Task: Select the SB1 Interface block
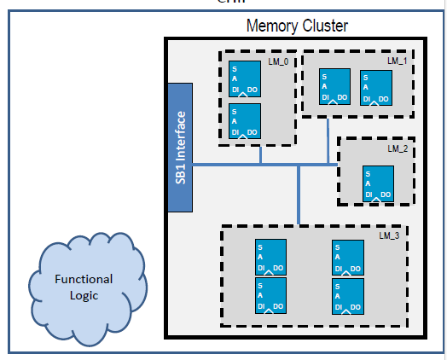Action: [181, 148]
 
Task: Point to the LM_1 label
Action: [397, 61]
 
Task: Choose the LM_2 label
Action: [398, 148]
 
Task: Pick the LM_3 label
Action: [390, 235]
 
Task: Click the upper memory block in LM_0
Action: [245, 78]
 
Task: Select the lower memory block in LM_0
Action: [245, 120]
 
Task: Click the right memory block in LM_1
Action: [376, 86]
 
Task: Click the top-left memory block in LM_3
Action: [270, 257]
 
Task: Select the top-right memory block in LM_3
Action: [347, 257]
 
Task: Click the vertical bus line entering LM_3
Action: [298, 195]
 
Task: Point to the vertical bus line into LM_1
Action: [328, 140]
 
